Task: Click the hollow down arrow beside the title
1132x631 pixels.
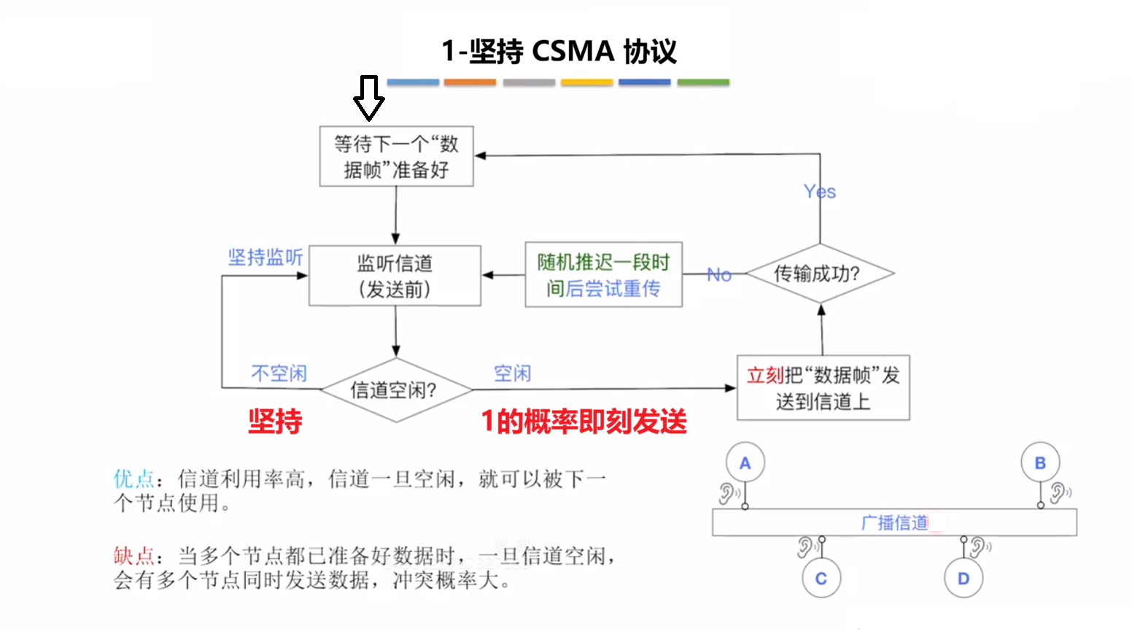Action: (x=369, y=98)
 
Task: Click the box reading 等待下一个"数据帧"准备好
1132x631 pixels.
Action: (x=396, y=156)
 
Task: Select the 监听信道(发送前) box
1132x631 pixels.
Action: (x=395, y=276)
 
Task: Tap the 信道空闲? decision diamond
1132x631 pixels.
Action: (x=395, y=390)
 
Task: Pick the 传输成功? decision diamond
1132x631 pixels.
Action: (x=819, y=274)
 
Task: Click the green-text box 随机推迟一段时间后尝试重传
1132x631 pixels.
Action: (x=603, y=275)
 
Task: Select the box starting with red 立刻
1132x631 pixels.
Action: (x=823, y=388)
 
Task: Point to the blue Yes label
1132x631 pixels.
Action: (x=819, y=192)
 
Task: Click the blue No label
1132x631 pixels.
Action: (x=718, y=275)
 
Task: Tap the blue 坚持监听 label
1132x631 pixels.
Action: (x=265, y=258)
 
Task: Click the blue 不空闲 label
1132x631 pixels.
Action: (x=279, y=373)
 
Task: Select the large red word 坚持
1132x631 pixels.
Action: (x=275, y=422)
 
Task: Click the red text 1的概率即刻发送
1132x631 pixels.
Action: (x=584, y=422)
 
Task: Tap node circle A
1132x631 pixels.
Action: (x=745, y=462)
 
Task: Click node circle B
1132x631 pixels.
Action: (x=1040, y=462)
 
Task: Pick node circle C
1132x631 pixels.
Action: (x=821, y=578)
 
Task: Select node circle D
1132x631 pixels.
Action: (x=963, y=578)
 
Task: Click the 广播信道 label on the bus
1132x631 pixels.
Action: (x=894, y=522)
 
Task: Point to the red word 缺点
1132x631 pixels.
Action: (x=133, y=556)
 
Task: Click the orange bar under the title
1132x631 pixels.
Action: (x=470, y=82)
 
